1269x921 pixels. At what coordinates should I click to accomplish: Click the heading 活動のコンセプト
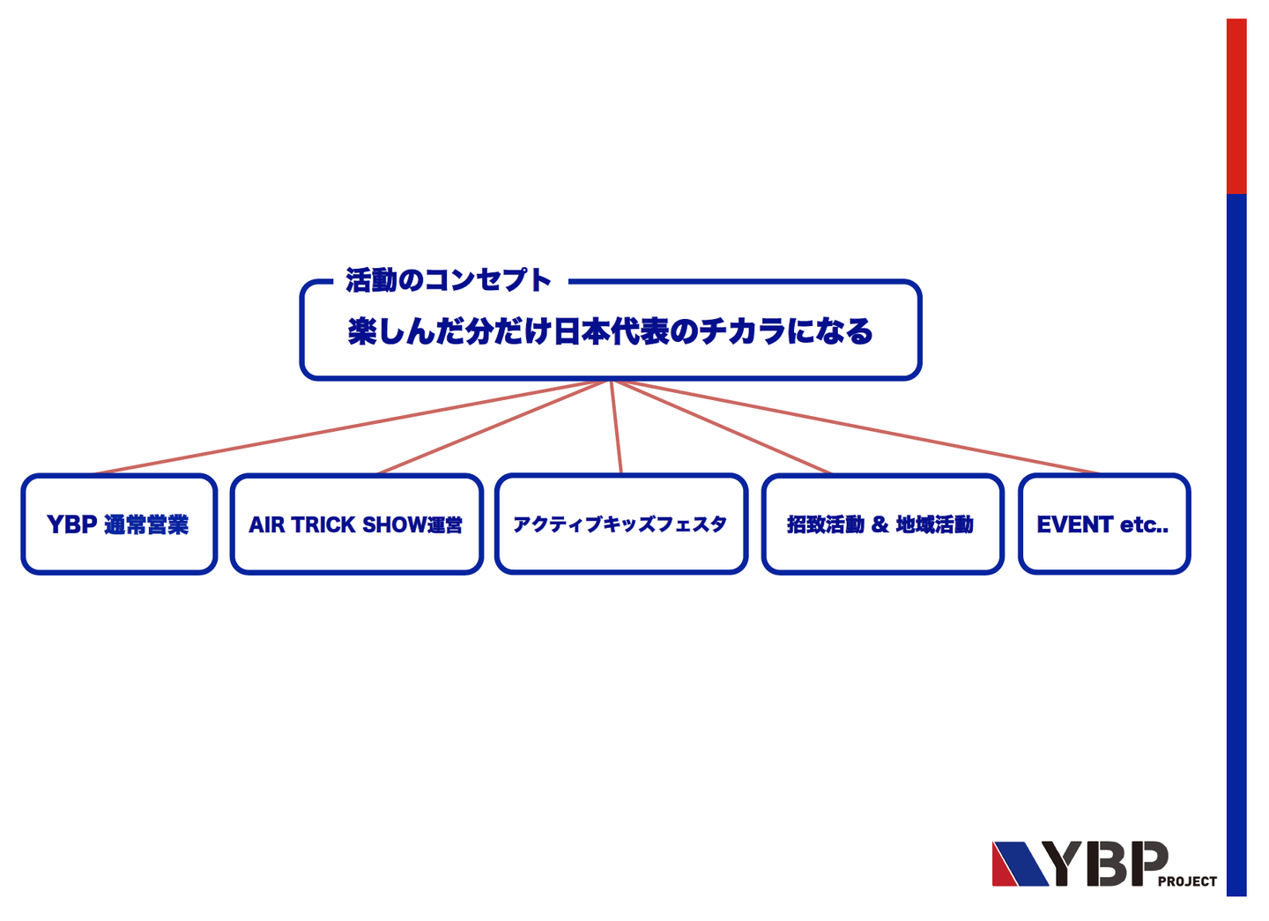tap(448, 280)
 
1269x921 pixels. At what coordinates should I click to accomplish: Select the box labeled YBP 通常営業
tap(118, 524)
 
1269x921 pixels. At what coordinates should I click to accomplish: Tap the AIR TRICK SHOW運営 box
tap(356, 524)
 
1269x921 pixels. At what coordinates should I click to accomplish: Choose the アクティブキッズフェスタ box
tap(620, 524)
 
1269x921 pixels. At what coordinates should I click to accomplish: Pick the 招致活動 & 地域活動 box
tap(882, 524)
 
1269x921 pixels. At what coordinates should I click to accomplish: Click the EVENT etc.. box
tap(1103, 524)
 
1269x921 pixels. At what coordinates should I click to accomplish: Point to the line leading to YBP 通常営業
tap(352, 427)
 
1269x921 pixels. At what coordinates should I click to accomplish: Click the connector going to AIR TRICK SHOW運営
tap(493, 427)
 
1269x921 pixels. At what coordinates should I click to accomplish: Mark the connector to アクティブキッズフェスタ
tap(616, 427)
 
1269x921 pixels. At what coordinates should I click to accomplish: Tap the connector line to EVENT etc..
tap(855, 427)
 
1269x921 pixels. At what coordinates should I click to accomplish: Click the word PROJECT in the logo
tap(1187, 881)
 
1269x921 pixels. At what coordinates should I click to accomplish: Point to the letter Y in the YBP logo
tap(1068, 864)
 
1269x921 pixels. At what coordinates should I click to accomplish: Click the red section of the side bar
tap(1236, 106)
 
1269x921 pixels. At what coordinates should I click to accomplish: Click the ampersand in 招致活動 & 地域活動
tap(879, 525)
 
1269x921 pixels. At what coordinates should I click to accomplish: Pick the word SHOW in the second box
tap(394, 525)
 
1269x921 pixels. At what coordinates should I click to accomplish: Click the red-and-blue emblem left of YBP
tap(1019, 864)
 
